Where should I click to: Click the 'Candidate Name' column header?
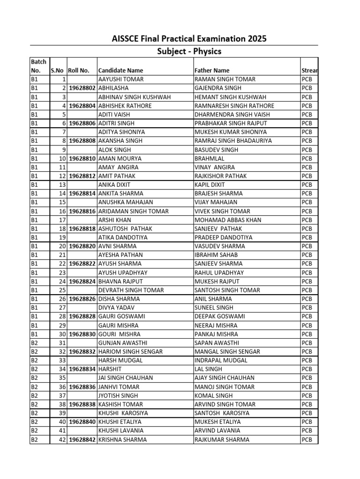coord(120,71)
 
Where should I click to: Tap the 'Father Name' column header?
coord(212,71)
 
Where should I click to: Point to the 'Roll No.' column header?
coord(78,71)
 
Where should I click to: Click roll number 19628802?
coord(82,88)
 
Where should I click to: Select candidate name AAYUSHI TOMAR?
coord(120,80)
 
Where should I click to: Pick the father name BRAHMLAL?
coord(208,159)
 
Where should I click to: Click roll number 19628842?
coord(82,440)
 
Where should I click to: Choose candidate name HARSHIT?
coord(109,370)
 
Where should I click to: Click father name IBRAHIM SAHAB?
coord(216,255)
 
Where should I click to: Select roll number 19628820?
coord(82,246)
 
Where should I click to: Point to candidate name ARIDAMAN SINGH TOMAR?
coord(133,211)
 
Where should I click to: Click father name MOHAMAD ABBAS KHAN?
coord(228,220)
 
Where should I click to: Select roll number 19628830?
coord(82,334)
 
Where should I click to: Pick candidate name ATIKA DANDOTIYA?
coord(122,238)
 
